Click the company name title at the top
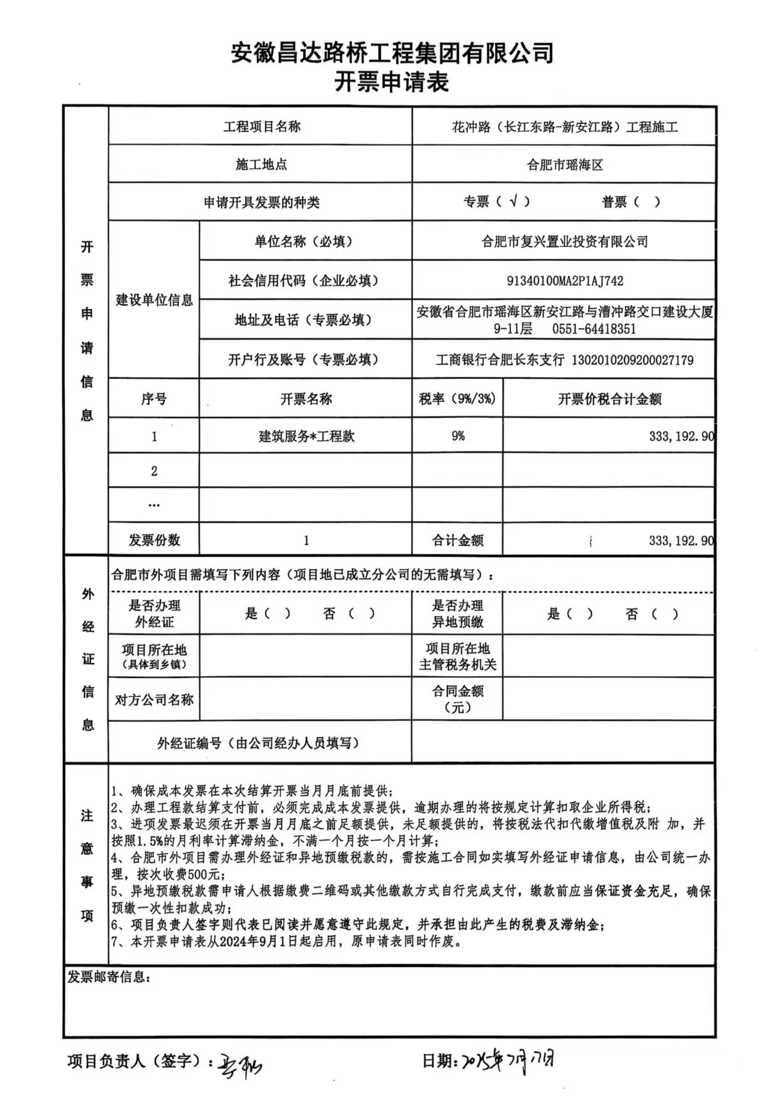coord(392,53)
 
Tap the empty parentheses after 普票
coord(647,202)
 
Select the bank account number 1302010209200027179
coord(632,360)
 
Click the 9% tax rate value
coord(458,436)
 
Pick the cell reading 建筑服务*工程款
coord(306,436)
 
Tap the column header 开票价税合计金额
coord(609,399)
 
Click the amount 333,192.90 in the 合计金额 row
coord(681,541)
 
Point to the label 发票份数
coord(154,540)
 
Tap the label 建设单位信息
coord(154,300)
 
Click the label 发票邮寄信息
coord(108,978)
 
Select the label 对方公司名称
coord(154,699)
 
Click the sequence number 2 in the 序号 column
coord(154,471)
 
